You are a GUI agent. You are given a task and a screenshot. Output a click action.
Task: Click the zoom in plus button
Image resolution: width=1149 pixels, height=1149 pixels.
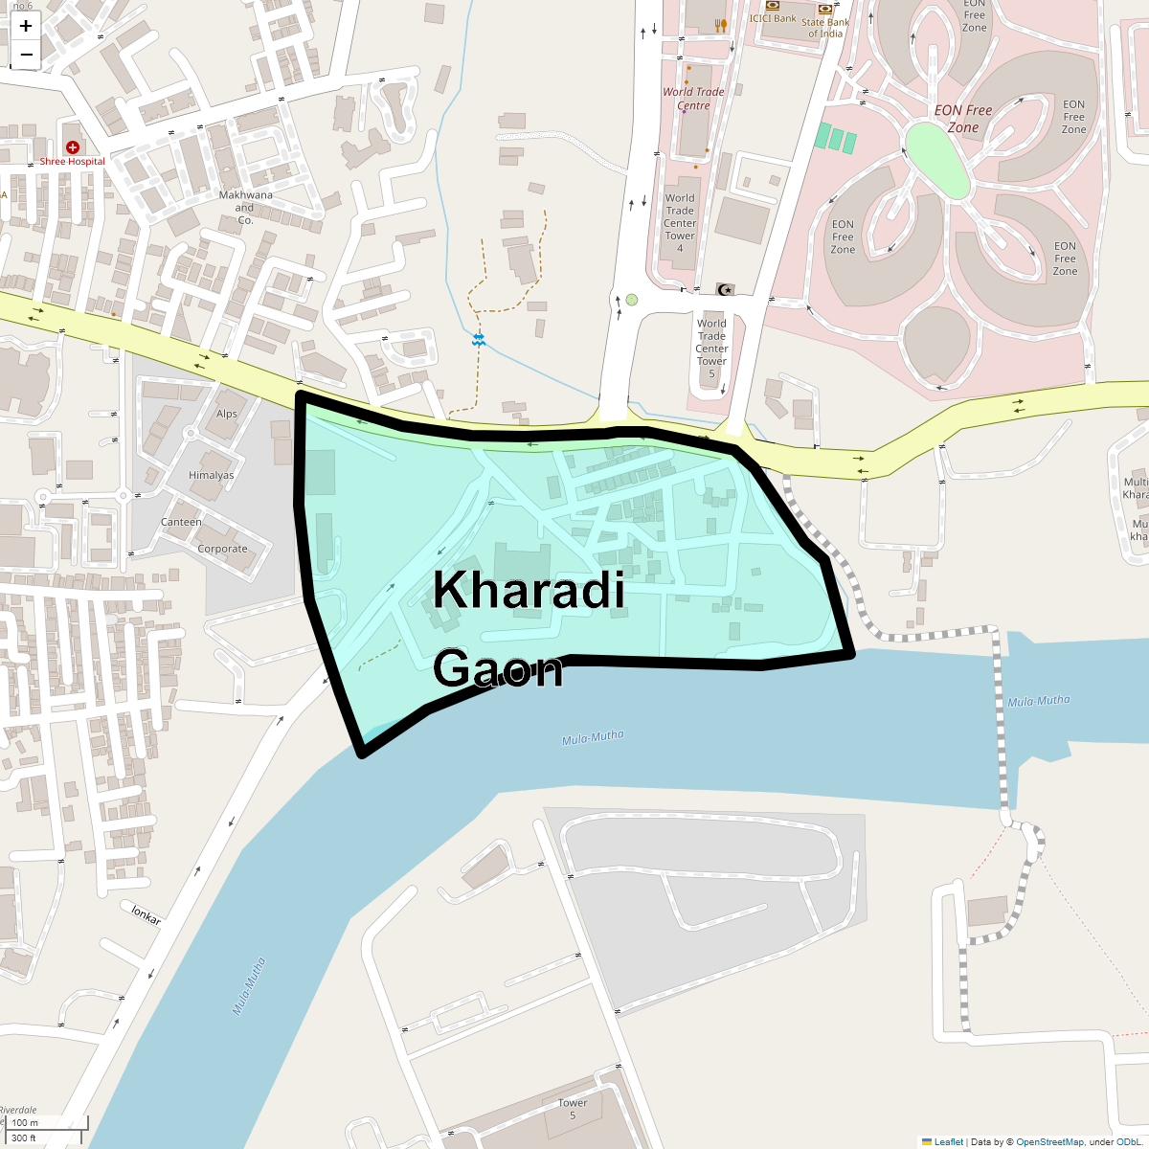[x=26, y=26]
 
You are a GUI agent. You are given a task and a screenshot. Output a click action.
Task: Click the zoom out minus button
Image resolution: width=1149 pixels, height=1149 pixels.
[x=26, y=55]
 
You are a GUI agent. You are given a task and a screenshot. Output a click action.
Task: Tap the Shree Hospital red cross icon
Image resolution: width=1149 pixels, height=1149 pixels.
[x=73, y=147]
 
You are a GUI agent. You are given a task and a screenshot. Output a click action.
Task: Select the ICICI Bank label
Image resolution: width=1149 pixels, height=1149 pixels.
[x=773, y=18]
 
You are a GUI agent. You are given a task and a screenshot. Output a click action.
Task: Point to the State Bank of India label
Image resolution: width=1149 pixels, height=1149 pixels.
[x=825, y=28]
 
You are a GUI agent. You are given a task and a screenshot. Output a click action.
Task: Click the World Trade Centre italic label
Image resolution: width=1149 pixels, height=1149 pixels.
[x=693, y=99]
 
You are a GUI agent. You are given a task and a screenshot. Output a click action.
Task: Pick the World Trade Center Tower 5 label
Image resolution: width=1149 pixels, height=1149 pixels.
[x=711, y=349]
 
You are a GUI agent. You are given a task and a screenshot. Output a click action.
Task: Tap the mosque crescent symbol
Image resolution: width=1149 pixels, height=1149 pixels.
[x=725, y=289]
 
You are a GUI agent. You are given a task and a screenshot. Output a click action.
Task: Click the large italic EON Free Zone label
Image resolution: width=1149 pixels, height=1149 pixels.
[x=963, y=119]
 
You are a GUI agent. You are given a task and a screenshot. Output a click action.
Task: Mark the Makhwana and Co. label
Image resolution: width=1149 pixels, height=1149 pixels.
[x=245, y=207]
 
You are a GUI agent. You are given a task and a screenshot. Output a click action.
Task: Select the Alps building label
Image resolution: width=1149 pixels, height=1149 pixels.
[x=227, y=415]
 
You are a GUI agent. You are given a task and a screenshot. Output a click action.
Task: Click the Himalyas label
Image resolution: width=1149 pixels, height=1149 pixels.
[x=212, y=475]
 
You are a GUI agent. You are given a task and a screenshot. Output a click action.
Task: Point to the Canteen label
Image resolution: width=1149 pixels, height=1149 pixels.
[x=181, y=522]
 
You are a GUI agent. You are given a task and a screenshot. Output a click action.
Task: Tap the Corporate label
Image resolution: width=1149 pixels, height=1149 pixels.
[x=222, y=549]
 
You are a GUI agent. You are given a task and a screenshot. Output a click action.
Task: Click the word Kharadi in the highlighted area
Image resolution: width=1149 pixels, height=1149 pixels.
[x=529, y=590]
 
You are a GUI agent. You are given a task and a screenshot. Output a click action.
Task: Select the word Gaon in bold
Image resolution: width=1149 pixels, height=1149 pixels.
[x=498, y=668]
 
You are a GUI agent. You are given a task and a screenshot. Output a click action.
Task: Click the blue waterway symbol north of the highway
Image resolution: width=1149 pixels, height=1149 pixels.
[x=479, y=340]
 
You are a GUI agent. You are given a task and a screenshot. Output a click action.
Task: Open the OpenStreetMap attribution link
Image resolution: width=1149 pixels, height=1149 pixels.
[x=1049, y=1141]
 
